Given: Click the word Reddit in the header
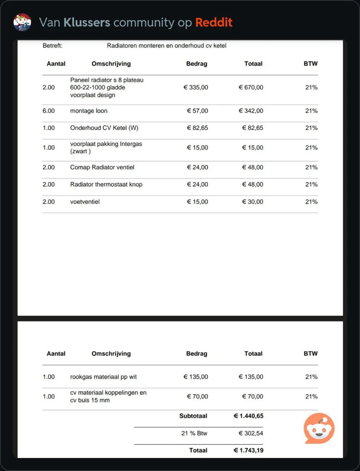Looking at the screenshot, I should pyautogui.click(x=214, y=22).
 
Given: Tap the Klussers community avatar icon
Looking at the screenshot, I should pyautogui.click(x=22, y=22).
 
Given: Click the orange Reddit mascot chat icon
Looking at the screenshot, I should pyautogui.click(x=319, y=428).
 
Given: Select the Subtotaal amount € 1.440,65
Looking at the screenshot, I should pyautogui.click(x=248, y=416).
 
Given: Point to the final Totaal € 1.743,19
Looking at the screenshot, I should pyautogui.click(x=248, y=451).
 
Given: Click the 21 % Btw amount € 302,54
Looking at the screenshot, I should pyautogui.click(x=251, y=434).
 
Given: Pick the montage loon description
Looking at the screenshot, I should pyautogui.click(x=89, y=111).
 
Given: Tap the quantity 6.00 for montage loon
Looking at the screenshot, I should pyautogui.click(x=49, y=111).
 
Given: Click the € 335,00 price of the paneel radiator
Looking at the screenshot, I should pyautogui.click(x=196, y=88).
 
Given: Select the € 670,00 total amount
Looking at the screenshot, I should pyautogui.click(x=251, y=88).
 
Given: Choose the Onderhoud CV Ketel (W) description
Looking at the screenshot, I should pyautogui.click(x=104, y=128).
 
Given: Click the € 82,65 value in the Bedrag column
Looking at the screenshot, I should pyautogui.click(x=197, y=128).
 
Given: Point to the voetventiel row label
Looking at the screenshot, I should pyautogui.click(x=85, y=202).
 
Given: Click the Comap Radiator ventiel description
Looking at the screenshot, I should pyautogui.click(x=102, y=168).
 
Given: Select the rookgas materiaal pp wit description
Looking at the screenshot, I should pyautogui.click(x=103, y=377).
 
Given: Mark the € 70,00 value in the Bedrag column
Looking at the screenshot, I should pyautogui.click(x=197, y=396).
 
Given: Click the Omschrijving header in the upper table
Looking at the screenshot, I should pyautogui.click(x=111, y=64).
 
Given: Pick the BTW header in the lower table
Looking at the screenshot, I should pyautogui.click(x=311, y=354).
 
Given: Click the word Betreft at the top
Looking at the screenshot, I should pyautogui.click(x=53, y=46).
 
